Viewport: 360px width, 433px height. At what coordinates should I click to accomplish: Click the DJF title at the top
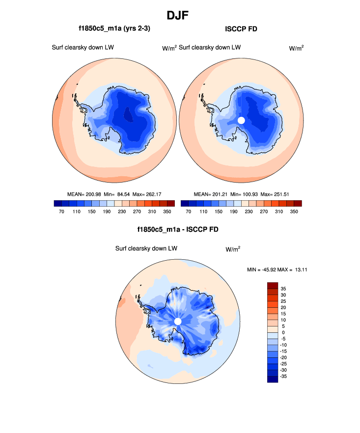(179, 15)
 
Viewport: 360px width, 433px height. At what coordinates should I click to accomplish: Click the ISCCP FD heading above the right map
(241, 29)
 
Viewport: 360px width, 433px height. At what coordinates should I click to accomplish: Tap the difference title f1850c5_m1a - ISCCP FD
(177, 229)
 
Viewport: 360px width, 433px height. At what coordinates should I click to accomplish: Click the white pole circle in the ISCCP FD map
(241, 120)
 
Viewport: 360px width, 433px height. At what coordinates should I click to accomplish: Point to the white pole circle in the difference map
(178, 321)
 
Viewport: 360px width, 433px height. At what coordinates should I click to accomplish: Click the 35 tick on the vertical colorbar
(283, 289)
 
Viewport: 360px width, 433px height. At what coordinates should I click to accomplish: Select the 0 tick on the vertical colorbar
(283, 332)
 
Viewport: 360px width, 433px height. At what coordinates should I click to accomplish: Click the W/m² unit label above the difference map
(233, 249)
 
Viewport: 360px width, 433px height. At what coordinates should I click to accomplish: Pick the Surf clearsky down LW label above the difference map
(146, 248)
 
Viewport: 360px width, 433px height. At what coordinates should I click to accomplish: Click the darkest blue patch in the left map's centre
(129, 115)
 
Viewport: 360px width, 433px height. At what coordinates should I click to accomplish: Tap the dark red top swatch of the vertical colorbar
(273, 285)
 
